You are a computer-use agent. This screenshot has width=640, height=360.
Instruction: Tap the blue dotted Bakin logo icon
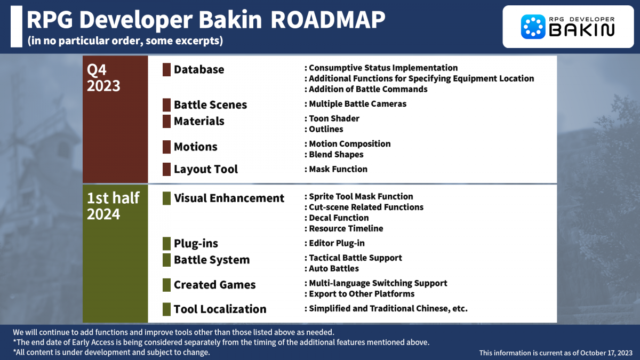(532, 26)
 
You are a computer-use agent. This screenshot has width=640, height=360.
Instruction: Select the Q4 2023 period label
(103, 78)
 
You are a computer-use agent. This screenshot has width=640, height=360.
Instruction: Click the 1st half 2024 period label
(113, 206)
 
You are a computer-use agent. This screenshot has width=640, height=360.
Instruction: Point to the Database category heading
(199, 70)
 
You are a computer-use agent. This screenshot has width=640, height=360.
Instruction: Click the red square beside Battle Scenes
(166, 105)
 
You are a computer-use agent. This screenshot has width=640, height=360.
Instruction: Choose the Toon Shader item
(334, 118)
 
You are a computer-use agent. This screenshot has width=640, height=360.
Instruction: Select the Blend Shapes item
(336, 155)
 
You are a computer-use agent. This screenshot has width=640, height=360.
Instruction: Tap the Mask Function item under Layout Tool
(338, 169)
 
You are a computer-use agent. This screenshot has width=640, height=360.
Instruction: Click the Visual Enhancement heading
(229, 198)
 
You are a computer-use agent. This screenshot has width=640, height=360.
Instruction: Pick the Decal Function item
(339, 218)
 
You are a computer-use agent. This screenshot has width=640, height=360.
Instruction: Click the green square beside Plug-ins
(166, 244)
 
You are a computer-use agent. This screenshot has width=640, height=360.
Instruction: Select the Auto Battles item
(334, 269)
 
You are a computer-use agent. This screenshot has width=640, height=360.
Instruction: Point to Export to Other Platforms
(362, 294)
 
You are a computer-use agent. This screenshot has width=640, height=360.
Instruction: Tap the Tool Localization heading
(220, 309)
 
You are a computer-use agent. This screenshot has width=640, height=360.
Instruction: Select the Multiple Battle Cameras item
(357, 104)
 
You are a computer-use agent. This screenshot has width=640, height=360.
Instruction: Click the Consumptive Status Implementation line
(383, 68)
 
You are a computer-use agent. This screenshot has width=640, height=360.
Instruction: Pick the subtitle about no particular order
(125, 41)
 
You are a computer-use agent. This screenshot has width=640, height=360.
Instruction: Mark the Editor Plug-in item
(337, 243)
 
